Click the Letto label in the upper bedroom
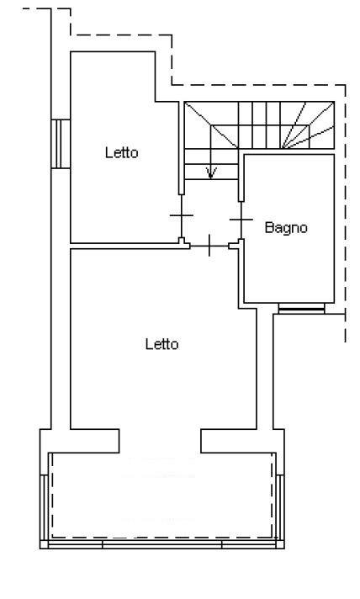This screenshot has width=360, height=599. [121, 152]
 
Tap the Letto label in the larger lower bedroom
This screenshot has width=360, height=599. [161, 344]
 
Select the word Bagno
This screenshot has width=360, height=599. [286, 228]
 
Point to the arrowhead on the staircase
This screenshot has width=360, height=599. [211, 172]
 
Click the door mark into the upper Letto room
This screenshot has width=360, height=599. [182, 215]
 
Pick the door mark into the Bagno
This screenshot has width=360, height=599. [241, 220]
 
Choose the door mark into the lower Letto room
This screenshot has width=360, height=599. [209, 246]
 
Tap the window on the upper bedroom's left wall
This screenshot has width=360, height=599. [61, 144]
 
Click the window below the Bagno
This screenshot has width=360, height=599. [301, 308]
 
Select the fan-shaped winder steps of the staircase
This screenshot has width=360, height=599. [309, 125]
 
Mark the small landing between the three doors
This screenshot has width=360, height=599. [211, 213]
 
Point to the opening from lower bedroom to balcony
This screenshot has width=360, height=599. [160, 441]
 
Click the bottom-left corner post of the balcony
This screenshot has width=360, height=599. [44, 544]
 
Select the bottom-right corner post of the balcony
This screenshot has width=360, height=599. [280, 544]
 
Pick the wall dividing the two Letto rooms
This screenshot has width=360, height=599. [129, 246]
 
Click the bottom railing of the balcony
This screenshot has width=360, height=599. [162, 544]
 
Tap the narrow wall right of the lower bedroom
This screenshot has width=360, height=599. [265, 368]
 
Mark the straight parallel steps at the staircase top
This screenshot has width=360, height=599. [260, 125]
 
